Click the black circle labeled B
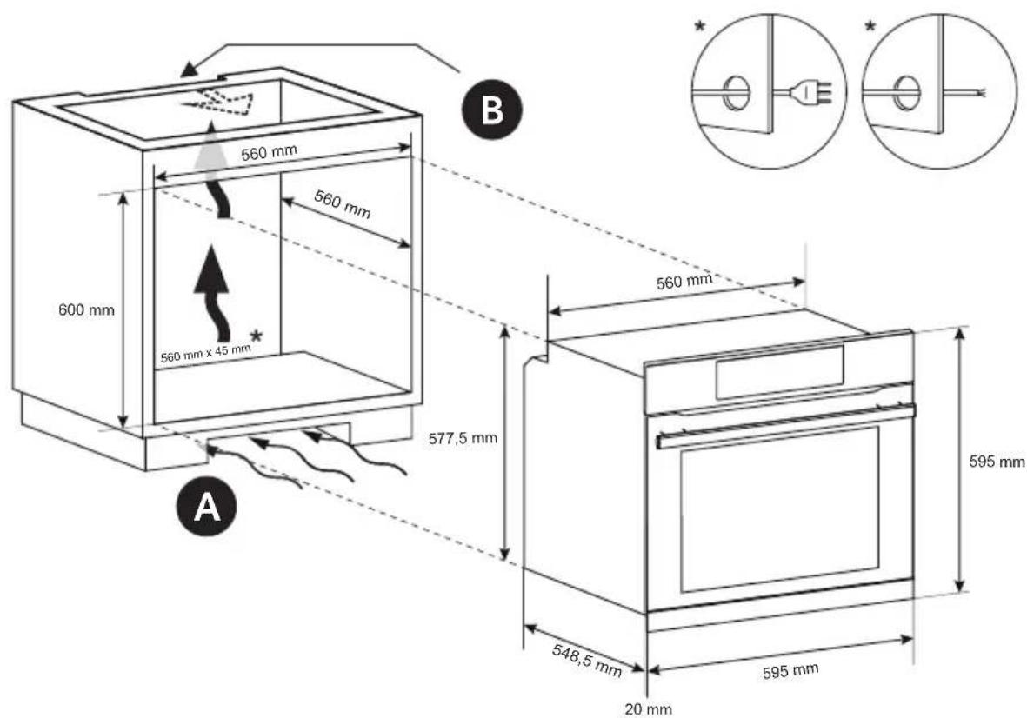[492, 110]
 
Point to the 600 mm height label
[86, 309]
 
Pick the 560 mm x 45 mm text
[205, 353]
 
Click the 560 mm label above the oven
[683, 280]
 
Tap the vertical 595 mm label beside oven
[997, 462]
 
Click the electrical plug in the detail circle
[812, 90]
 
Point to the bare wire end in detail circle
[978, 90]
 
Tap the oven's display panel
[778, 372]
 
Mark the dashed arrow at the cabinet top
[223, 103]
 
